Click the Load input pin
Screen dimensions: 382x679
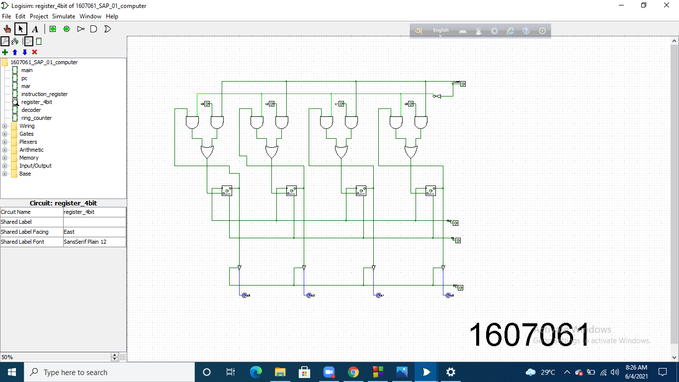(x=463, y=84)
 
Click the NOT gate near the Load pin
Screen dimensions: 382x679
(x=437, y=96)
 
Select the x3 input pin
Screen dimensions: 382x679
(x=207, y=104)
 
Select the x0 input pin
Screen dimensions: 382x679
(x=411, y=104)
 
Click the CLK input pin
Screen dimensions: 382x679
(x=455, y=223)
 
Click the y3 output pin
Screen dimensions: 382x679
(x=244, y=295)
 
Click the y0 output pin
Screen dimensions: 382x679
(x=448, y=295)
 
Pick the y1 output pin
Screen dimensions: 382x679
(x=378, y=295)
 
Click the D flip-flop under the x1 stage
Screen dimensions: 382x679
(x=361, y=191)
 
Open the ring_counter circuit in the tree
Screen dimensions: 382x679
(x=36, y=118)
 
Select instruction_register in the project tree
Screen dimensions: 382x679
(x=44, y=94)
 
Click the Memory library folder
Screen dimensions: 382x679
(x=29, y=158)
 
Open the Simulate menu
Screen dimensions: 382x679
(x=64, y=16)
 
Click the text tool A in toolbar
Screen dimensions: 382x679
(x=35, y=29)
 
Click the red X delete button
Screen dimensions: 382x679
(x=34, y=52)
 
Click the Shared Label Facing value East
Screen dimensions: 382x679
(x=94, y=232)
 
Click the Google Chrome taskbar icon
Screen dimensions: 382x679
(x=353, y=372)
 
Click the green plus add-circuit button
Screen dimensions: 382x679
(x=5, y=52)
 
